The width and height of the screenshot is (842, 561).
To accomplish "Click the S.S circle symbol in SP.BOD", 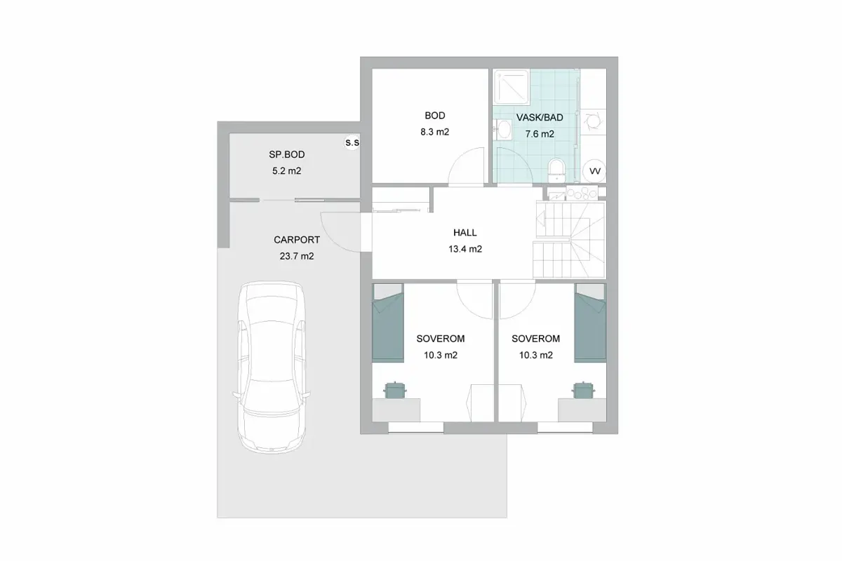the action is [352, 142].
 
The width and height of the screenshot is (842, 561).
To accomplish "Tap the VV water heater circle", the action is [595, 171].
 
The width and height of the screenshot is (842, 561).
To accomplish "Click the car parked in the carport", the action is [272, 367].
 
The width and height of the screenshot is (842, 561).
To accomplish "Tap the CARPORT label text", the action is [297, 240].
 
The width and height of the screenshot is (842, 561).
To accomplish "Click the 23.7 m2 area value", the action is [297, 256].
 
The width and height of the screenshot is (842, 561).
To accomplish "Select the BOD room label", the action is [435, 116].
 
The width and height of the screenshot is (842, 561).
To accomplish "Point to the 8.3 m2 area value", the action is [435, 132].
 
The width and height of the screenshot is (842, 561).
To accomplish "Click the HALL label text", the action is [465, 233].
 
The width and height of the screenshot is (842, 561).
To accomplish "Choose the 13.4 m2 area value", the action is [465, 249].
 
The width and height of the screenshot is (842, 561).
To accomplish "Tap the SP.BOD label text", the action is [287, 154].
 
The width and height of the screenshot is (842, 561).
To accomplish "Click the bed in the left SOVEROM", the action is [388, 323].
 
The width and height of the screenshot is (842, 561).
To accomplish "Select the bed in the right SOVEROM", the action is [590, 323].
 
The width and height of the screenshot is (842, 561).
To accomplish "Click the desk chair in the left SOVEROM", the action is [394, 390].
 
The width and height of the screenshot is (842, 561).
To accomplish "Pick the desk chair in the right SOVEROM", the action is [583, 390].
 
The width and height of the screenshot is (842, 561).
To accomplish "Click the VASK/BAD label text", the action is [540, 117].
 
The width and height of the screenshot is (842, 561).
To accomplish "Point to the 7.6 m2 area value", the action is [540, 134].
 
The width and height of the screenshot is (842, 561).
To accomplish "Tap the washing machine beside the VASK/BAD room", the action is [593, 122].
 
